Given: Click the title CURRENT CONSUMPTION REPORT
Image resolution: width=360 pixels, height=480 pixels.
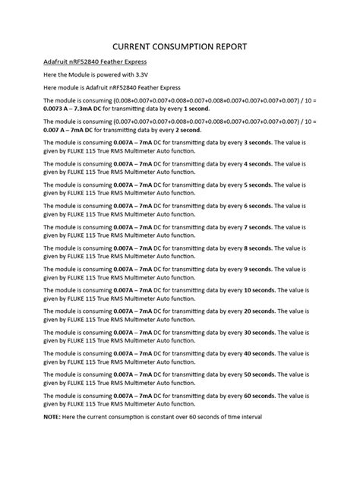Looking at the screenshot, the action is (179, 46).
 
